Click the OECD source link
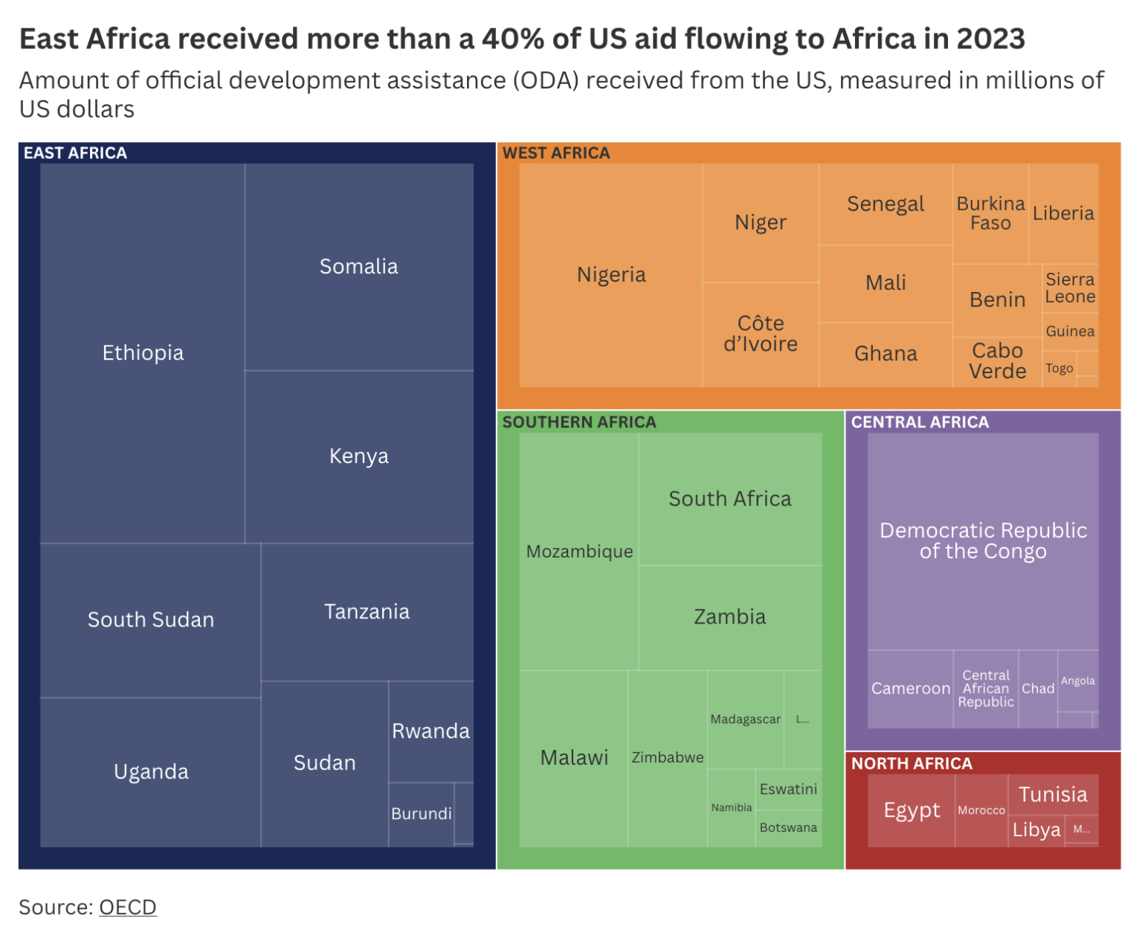coord(127,907)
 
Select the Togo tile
coord(1059,368)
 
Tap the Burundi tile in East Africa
coord(421,813)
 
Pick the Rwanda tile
coord(430,731)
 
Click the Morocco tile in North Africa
coord(981,810)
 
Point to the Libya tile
coord(1036,829)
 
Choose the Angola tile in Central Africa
coord(1077,681)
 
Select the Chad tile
coord(1038,688)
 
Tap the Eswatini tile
coord(788,789)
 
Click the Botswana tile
coord(788,828)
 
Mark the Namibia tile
coord(732,808)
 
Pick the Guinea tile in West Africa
coord(1070,331)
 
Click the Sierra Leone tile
coord(1070,288)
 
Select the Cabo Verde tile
coord(997,360)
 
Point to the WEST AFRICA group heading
coord(556,153)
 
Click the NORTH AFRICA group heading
coord(912,763)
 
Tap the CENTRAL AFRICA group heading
coord(920,422)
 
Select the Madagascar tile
coord(745,719)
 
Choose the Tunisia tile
coord(1053,795)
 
